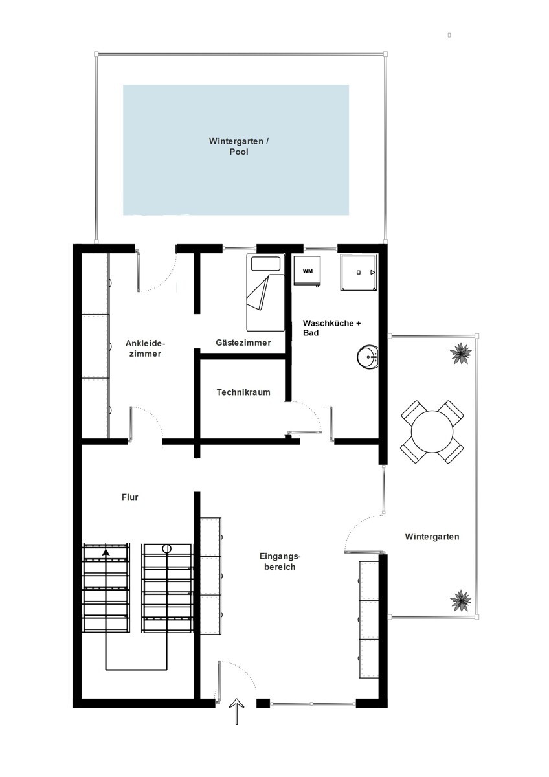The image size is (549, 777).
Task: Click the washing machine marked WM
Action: tap(307, 271)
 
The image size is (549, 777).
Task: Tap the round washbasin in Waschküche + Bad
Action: tap(368, 357)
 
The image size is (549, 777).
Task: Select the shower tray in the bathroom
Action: tap(359, 273)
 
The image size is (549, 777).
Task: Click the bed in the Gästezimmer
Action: tap(265, 293)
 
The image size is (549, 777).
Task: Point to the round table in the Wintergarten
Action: tap(432, 431)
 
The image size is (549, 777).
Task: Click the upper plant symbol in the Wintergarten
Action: tap(461, 354)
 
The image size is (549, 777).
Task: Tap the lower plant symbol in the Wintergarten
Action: tap(460, 600)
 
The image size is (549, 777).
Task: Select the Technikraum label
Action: tap(243, 392)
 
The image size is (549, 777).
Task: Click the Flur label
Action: tap(130, 497)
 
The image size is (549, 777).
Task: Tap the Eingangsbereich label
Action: tap(280, 561)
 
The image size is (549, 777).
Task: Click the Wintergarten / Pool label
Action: tap(239, 146)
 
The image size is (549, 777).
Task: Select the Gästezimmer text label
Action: tap(243, 343)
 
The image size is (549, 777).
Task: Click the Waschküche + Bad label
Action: tap(331, 328)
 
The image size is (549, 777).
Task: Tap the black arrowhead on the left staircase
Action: tap(106, 552)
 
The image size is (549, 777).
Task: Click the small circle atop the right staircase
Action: tap(167, 548)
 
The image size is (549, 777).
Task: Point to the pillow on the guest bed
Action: tap(265, 264)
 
